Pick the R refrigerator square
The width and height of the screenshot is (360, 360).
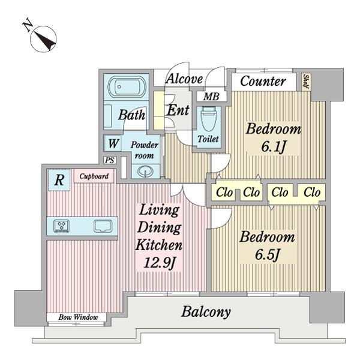(x=59, y=179)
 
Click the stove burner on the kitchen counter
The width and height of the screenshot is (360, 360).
(x=62, y=226)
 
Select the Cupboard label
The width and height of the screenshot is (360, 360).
(x=94, y=176)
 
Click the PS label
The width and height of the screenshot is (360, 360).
(x=109, y=160)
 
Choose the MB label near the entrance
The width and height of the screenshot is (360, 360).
(x=210, y=97)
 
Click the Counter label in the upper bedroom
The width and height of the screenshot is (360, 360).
(x=262, y=81)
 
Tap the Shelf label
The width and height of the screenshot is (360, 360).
(x=306, y=81)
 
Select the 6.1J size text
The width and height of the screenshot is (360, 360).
(x=265, y=145)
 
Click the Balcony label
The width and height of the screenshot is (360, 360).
(x=206, y=312)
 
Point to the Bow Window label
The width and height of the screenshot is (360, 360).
(x=77, y=317)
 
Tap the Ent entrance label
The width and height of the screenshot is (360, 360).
(x=178, y=110)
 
